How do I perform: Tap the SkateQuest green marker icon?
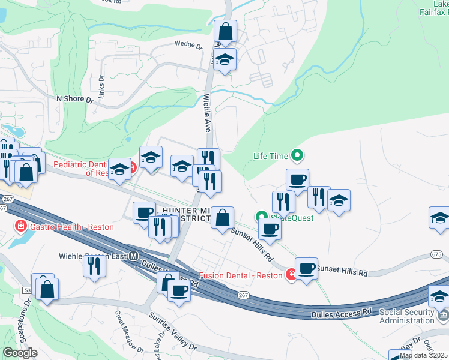262,217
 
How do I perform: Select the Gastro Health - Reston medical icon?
20,227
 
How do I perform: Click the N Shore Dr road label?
75,98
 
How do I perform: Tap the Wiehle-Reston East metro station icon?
134,256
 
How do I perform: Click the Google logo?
20,353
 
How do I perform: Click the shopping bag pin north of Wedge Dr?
226,31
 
